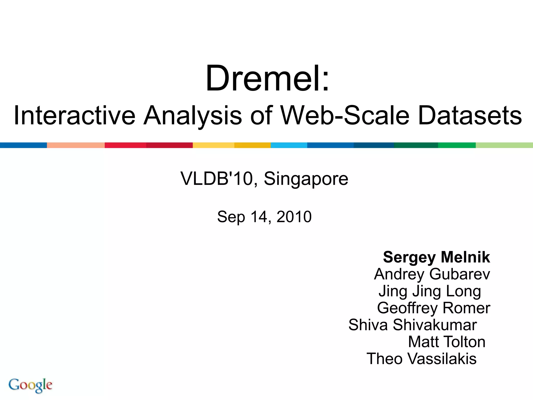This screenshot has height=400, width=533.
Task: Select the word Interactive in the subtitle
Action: (x=74, y=116)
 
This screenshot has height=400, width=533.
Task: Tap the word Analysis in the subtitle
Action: (x=193, y=116)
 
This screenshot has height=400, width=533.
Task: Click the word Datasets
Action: (x=470, y=116)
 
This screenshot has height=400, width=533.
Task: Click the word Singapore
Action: (x=306, y=179)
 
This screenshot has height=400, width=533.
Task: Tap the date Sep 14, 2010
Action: (x=264, y=217)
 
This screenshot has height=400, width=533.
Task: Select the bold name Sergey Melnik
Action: (x=436, y=257)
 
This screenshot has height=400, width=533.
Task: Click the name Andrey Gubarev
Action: (x=432, y=274)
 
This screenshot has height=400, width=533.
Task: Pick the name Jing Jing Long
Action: (x=429, y=291)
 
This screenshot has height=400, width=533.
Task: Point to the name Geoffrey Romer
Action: (x=434, y=308)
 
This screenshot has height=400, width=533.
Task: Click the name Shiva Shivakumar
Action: (x=413, y=325)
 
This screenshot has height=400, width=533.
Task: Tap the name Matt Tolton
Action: (x=447, y=342)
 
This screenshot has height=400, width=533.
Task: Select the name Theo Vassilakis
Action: (x=421, y=359)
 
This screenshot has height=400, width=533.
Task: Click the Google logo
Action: (x=30, y=385)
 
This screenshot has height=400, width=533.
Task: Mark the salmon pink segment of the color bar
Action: (x=76, y=145)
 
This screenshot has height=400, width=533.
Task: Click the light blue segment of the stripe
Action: (x=289, y=145)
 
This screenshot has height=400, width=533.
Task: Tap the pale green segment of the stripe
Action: (x=504, y=145)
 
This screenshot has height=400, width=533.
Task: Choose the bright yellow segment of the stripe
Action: (x=213, y=145)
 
